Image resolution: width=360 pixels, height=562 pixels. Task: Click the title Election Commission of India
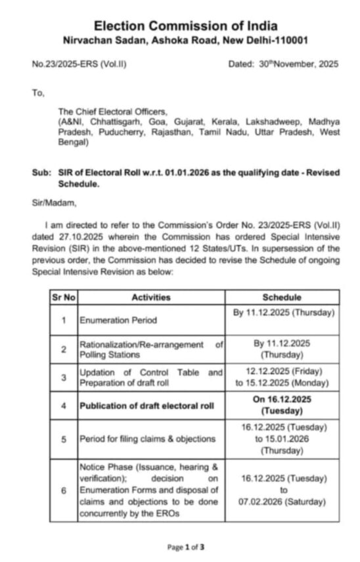(x=185, y=26)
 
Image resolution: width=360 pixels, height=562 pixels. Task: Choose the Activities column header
(x=150, y=297)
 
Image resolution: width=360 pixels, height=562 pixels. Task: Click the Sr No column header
(x=64, y=297)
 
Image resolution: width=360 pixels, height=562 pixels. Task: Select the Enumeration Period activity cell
(x=113, y=321)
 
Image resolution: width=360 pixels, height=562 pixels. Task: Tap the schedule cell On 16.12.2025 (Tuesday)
(x=282, y=405)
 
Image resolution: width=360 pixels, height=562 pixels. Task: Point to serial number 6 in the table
(x=64, y=490)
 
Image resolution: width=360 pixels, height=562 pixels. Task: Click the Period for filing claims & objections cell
(x=147, y=438)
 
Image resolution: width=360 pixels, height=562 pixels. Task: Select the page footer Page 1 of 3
(x=186, y=546)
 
